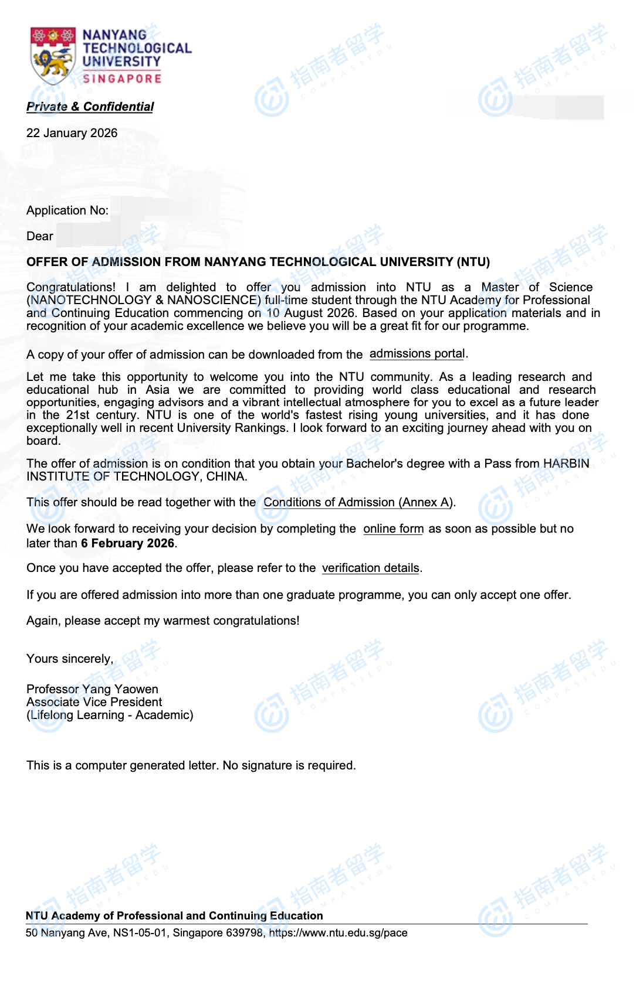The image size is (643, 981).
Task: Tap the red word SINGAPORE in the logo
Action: (x=122, y=79)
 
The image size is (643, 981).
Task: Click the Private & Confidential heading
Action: (x=90, y=107)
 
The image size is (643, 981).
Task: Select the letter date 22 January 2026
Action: (x=72, y=133)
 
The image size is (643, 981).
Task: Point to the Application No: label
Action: (x=67, y=210)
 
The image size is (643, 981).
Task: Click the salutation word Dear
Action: (x=40, y=236)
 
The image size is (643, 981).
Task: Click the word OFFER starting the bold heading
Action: (x=46, y=262)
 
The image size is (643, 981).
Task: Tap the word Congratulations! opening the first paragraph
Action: (x=71, y=287)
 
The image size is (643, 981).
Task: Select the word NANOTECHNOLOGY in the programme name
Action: (x=91, y=300)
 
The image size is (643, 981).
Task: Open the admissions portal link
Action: (x=417, y=354)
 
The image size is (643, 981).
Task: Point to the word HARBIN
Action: (x=566, y=464)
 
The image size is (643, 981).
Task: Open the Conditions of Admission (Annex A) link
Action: (x=358, y=502)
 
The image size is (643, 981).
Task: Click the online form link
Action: (x=393, y=529)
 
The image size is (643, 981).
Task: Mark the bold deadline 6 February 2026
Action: (x=127, y=543)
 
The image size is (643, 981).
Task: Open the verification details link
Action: (x=371, y=568)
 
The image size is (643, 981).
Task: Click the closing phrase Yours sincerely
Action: (x=69, y=659)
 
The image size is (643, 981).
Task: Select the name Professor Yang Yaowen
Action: (x=92, y=689)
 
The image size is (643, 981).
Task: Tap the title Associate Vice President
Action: (x=94, y=702)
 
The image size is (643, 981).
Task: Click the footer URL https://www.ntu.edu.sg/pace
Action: (x=338, y=933)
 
